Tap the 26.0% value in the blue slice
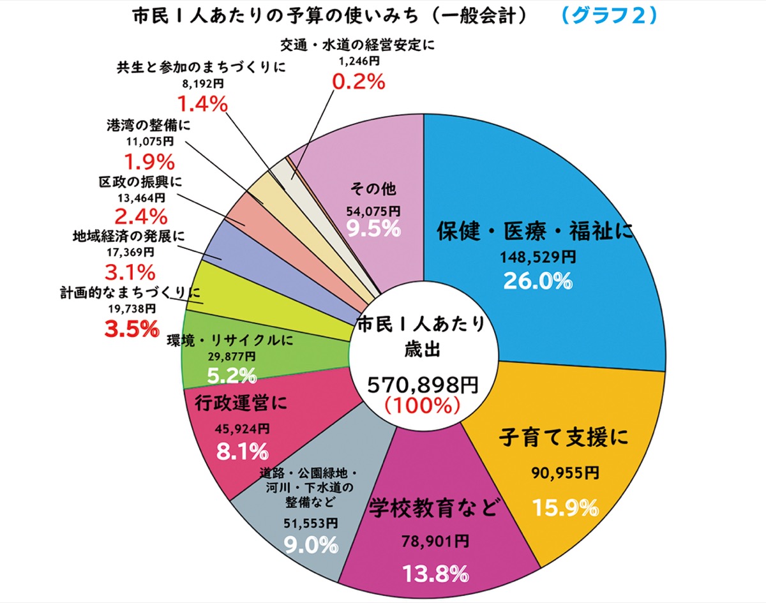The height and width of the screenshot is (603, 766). [x=537, y=280]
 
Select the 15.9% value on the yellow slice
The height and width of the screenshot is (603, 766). [x=565, y=508]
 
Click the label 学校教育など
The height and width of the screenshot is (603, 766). [x=433, y=509]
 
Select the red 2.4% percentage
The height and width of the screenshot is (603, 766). [x=140, y=215]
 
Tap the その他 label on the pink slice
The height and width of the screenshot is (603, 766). [x=373, y=189]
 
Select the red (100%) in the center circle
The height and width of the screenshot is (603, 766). [x=423, y=405]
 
